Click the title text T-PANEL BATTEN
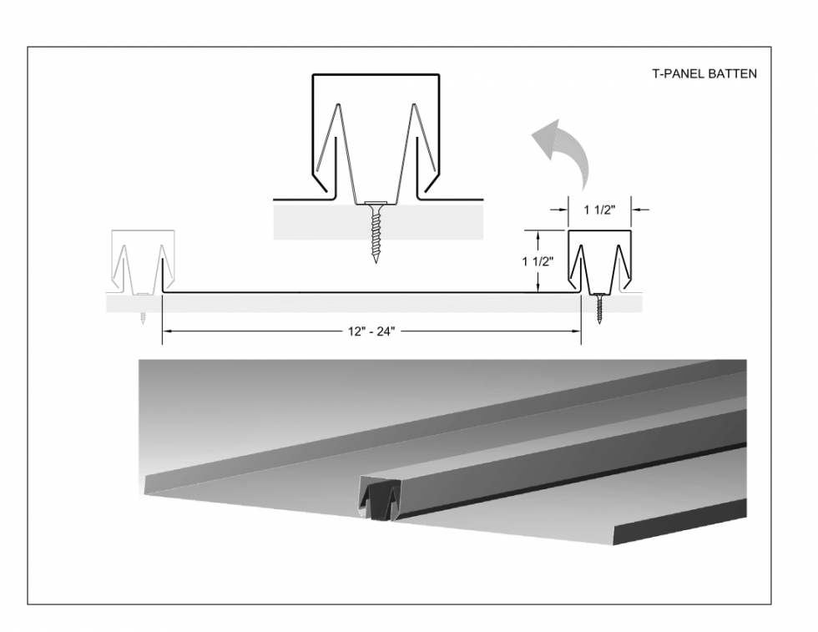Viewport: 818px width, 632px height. click(704, 73)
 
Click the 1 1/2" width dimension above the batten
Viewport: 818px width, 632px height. click(599, 210)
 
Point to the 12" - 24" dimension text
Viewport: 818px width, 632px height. click(371, 331)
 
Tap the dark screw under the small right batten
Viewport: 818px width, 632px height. click(599, 309)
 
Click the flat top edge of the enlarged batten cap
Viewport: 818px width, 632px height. click(376, 75)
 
